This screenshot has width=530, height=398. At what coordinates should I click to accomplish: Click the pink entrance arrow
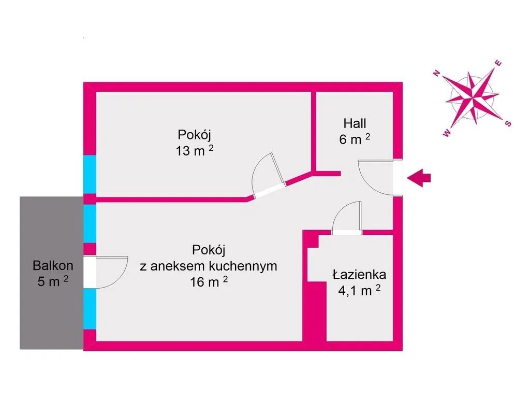(419, 178)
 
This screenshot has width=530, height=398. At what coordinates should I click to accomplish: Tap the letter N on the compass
(437, 73)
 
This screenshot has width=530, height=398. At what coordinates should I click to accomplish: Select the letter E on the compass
(498, 63)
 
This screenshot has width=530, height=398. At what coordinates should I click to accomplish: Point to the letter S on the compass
(508, 123)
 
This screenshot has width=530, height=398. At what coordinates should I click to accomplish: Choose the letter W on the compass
(447, 133)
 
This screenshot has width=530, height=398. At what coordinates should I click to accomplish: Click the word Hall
(355, 123)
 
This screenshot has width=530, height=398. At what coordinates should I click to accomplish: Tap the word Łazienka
(359, 274)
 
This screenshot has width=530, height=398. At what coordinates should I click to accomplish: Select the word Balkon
(53, 266)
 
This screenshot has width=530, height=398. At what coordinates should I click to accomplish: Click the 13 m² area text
(195, 150)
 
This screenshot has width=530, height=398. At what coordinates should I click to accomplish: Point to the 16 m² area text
(209, 281)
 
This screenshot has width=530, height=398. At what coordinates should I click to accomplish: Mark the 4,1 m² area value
(359, 290)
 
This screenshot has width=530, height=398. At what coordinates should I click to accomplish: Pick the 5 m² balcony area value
(53, 281)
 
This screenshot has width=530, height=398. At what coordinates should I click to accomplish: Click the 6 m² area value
(355, 139)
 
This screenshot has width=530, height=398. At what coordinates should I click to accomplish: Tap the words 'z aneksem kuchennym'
(209, 266)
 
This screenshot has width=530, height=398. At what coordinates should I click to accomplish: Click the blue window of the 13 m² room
(90, 175)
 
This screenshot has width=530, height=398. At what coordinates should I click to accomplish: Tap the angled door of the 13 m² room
(269, 191)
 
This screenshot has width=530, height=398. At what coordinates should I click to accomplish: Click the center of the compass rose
(472, 97)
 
